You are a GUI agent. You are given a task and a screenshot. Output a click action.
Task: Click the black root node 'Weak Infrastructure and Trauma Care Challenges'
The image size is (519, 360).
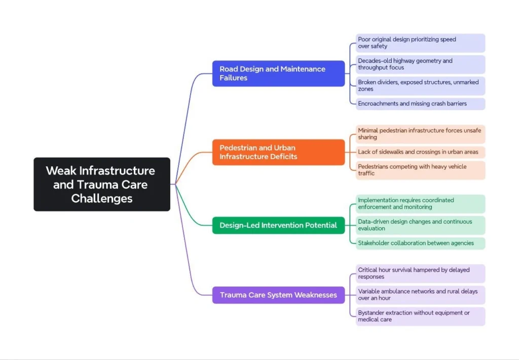click(102, 184)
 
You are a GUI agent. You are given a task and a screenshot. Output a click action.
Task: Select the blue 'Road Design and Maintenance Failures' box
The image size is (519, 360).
click(278, 74)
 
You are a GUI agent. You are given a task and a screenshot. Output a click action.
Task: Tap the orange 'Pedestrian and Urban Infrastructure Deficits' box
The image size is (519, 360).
click(278, 152)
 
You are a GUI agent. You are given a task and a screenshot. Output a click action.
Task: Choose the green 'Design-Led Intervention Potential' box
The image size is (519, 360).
click(278, 225)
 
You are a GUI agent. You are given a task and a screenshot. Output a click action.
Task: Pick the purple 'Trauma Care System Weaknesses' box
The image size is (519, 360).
click(278, 295)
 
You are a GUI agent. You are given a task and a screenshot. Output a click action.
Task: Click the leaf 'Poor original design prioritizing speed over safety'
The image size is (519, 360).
click(420, 43)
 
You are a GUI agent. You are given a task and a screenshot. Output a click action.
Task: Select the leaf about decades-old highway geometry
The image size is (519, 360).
click(420, 64)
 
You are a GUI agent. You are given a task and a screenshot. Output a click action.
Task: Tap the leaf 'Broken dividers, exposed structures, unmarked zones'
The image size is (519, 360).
click(420, 86)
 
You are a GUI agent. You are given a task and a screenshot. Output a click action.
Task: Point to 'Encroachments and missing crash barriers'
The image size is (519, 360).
click(420, 103)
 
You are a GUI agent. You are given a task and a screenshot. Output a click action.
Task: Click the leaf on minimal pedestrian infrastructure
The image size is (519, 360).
click(420, 134)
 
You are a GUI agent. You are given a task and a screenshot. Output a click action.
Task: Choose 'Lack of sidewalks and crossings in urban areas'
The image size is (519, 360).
click(420, 152)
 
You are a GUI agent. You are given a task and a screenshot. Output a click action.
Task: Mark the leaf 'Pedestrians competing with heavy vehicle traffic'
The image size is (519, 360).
click(420, 170)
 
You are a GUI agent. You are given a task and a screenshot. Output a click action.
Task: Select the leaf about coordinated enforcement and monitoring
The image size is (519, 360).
click(420, 204)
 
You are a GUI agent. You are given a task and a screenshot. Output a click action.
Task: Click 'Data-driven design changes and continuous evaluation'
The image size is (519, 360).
click(420, 225)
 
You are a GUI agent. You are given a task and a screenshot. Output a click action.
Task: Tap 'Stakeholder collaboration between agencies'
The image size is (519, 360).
click(420, 243)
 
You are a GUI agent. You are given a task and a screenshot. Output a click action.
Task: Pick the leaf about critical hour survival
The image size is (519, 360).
click(420, 273)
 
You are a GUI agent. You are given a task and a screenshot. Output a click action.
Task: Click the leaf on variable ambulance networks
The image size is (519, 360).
click(420, 295)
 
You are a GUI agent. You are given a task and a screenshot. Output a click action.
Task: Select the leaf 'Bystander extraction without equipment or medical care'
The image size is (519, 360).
click(420, 316)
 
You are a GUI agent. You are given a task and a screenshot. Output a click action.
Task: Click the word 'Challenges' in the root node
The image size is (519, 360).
click(102, 198)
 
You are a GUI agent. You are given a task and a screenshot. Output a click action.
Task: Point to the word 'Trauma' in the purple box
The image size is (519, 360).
click(234, 295)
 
